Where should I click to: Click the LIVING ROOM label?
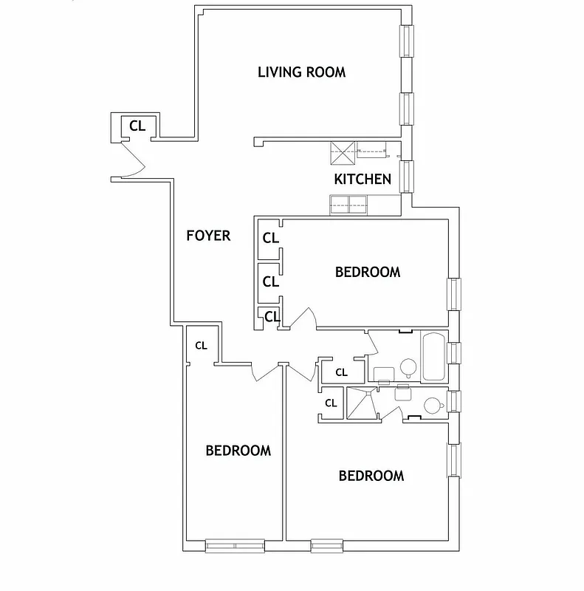point(301,72)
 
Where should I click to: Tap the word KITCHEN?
point(363,179)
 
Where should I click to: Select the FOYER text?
point(208,236)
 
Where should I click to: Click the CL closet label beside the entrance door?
point(138,126)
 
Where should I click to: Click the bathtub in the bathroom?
point(433,357)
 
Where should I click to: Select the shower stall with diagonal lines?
point(362,403)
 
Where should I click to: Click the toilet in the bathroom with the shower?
point(432,405)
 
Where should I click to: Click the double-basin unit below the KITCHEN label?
point(350,203)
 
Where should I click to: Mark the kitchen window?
point(406,177)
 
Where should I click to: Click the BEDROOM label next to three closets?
point(368,272)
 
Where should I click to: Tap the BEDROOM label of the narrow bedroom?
point(238,450)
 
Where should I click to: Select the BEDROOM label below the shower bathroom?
point(371,476)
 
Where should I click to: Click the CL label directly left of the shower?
point(331,403)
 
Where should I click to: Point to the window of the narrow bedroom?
point(234,547)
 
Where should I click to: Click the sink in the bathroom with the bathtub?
point(383,374)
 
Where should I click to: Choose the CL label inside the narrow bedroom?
point(201,345)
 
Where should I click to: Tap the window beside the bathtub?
point(455,355)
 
